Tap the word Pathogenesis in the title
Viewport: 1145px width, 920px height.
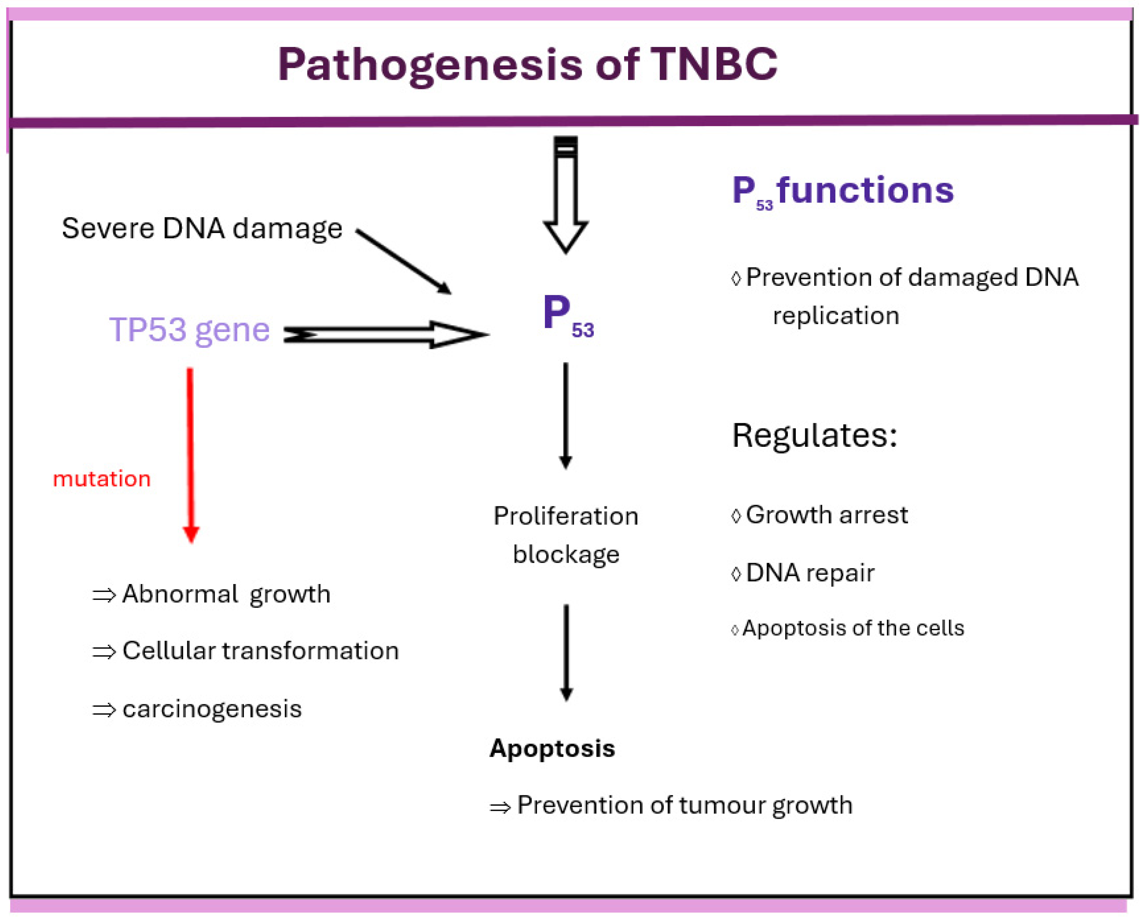(x=430, y=66)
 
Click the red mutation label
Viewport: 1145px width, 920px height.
(x=101, y=479)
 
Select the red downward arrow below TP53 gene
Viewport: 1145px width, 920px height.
(x=191, y=455)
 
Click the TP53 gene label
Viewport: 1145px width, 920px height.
(x=190, y=330)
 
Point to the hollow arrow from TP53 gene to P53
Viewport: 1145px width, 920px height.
(x=386, y=335)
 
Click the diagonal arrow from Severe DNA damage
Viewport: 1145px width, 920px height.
(x=404, y=261)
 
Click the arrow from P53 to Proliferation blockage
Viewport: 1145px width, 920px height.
(x=566, y=416)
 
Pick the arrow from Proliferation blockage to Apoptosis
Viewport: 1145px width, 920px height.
(x=566, y=653)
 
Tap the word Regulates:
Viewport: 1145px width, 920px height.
(x=815, y=436)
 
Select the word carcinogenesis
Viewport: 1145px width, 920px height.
(x=212, y=710)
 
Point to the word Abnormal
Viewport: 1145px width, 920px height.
(x=180, y=594)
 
